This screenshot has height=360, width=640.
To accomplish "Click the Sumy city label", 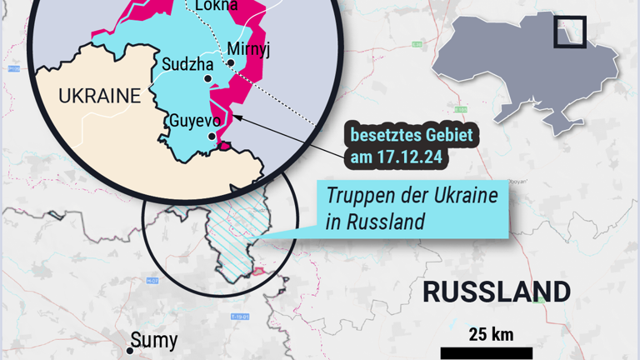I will pos(154,340).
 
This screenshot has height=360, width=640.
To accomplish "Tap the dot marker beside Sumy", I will pos(130,351).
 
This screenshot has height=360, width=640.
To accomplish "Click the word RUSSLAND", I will pos(496,292).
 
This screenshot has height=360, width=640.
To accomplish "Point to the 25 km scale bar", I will pos(486,353).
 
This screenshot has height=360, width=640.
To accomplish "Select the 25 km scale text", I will pos(491,335).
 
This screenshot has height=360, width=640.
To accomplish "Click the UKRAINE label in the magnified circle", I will pos(99,96).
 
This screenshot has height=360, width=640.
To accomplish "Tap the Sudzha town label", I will pos(187,64).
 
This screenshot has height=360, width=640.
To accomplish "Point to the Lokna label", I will pos(216,6).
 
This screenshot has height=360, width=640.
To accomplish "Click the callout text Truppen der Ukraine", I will pos(412,197).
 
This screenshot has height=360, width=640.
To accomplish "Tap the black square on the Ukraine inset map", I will pos(570,32).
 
